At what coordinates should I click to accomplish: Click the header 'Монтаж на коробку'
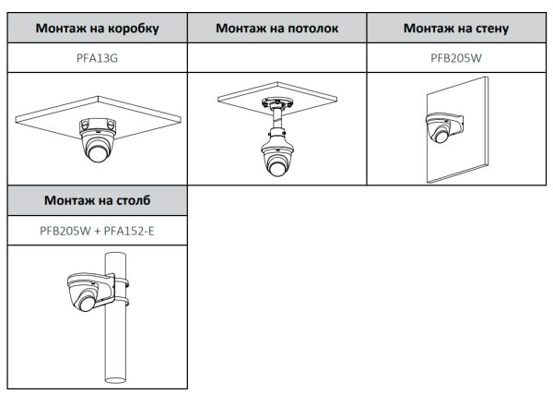97,28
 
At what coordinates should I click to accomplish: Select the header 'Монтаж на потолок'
276,28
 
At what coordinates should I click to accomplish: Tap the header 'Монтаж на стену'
457,28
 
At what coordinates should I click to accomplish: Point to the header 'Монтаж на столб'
97,199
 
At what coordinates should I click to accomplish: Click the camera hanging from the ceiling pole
277,157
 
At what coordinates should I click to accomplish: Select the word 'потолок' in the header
312,28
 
